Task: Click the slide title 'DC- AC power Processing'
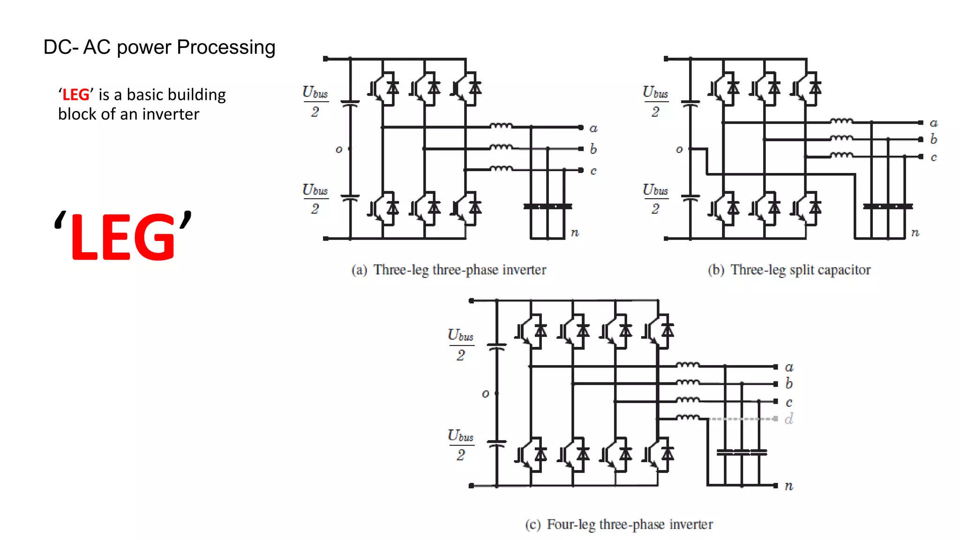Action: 159,48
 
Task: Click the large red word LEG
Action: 123,237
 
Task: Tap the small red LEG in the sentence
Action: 76,95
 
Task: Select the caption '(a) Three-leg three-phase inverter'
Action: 449,270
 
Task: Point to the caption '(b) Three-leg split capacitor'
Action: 789,270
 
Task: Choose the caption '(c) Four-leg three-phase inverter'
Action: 619,524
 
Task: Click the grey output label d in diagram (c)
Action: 789,419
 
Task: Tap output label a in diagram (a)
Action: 593,128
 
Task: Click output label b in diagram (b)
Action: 933,139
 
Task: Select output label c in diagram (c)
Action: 789,402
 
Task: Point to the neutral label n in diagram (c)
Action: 789,486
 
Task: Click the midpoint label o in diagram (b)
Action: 679,150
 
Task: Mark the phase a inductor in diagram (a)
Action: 501,126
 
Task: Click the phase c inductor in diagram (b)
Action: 841,155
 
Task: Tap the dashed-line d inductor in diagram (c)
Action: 688,417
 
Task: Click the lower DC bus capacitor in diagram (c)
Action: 497,443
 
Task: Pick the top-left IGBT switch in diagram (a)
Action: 383,88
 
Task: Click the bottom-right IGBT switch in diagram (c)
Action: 659,454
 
